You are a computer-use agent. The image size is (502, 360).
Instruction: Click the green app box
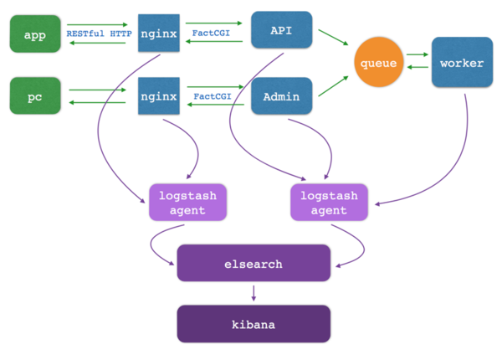point(34,34)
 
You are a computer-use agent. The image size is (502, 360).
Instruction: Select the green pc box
point(34,96)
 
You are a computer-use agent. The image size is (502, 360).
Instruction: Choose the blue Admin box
point(281,97)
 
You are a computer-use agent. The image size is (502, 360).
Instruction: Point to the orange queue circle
point(378,64)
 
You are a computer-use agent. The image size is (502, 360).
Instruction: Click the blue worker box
point(462,63)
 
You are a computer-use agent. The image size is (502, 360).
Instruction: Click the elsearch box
point(254,264)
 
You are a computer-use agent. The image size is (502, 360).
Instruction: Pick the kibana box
point(254,322)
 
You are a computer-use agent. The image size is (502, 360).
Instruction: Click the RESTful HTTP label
point(99,33)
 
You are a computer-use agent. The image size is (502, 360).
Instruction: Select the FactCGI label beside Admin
point(213,96)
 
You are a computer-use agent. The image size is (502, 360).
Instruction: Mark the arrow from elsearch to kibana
point(254,292)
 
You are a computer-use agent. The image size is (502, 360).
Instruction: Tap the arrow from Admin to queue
point(332,90)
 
